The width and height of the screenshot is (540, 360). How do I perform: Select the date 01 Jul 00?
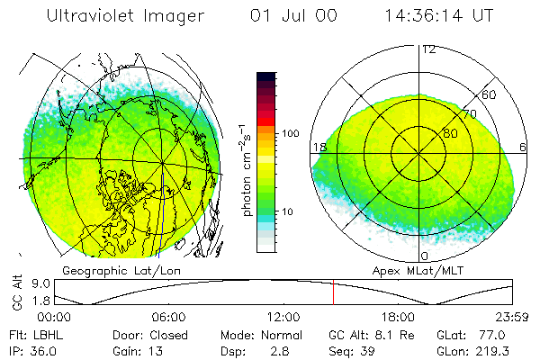pyautogui.click(x=287, y=16)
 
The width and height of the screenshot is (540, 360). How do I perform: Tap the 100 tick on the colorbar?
pyautogui.click(x=291, y=133)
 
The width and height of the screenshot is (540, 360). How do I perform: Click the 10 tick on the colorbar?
pyautogui.click(x=288, y=212)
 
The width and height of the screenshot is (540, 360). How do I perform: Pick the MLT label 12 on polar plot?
pyautogui.click(x=429, y=49)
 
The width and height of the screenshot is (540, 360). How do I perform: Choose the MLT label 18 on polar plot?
pyautogui.click(x=319, y=147)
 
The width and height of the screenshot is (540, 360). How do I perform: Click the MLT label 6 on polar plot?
pyautogui.click(x=524, y=147)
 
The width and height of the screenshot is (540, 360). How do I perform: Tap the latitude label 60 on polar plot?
pyautogui.click(x=490, y=94)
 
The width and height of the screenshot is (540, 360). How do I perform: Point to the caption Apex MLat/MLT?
pyautogui.click(x=423, y=270)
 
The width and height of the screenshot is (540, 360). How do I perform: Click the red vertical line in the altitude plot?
pyautogui.click(x=333, y=292)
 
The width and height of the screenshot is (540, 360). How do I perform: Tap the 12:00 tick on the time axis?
pyautogui.click(x=283, y=317)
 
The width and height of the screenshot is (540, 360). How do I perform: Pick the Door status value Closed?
pyautogui.click(x=169, y=335)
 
